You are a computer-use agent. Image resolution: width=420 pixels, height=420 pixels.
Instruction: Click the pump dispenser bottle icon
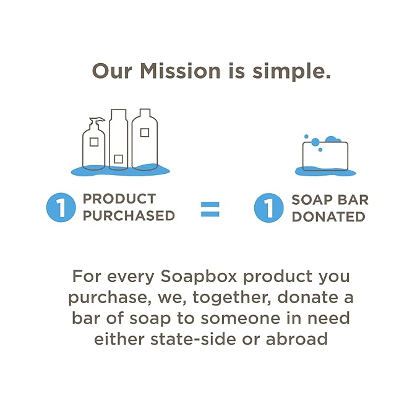(x=94, y=145)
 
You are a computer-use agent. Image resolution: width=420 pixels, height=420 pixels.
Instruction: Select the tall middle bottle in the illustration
(x=119, y=139)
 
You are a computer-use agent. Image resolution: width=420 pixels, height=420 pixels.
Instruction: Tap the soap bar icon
(x=325, y=156)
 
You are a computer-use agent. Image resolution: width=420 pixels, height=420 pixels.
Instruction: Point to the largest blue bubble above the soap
(x=315, y=142)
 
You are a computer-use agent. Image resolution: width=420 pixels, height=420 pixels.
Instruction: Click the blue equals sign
(x=210, y=208)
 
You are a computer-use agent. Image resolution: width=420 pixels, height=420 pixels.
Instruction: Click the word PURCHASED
(x=129, y=216)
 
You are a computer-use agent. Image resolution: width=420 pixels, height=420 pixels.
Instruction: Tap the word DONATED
(x=328, y=216)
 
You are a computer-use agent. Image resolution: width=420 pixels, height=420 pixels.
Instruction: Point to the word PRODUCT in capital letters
(x=119, y=199)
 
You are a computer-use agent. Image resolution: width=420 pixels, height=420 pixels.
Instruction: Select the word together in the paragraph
(x=230, y=297)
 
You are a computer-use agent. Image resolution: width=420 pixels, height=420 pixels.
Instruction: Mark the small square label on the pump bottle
(x=93, y=142)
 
